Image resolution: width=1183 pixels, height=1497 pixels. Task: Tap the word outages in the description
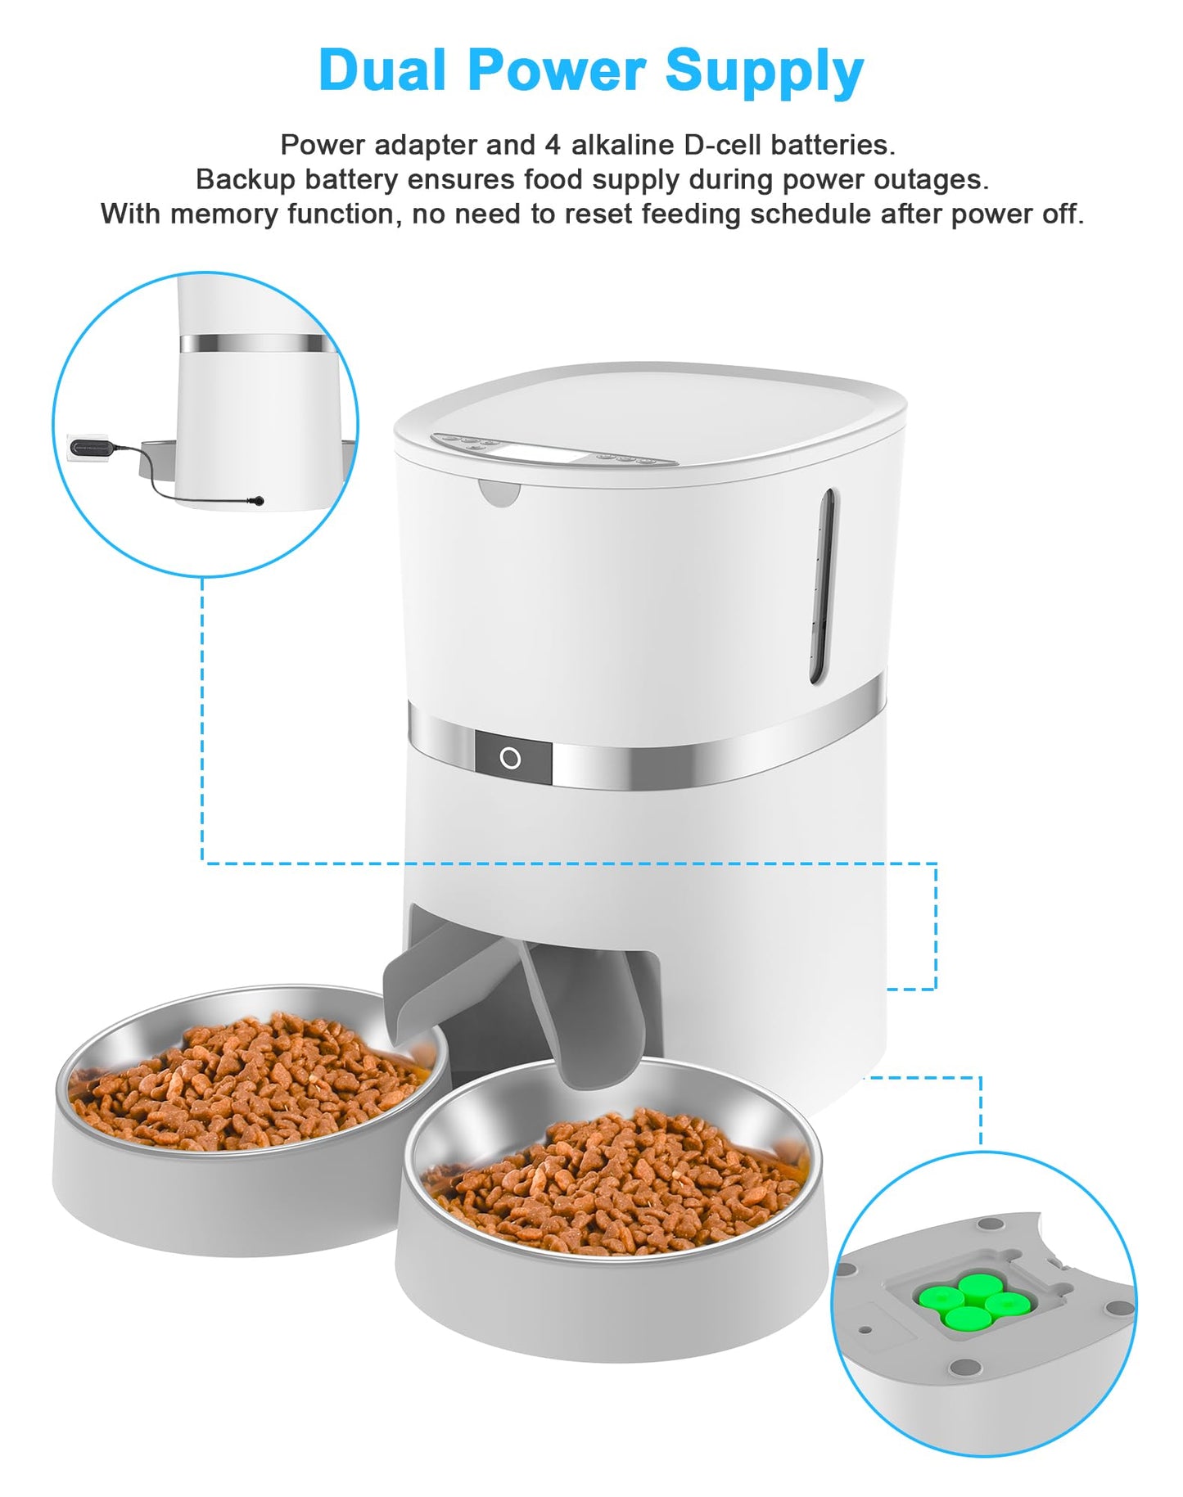pos(930,179)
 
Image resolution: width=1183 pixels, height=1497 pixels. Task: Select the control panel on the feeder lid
pos(553,449)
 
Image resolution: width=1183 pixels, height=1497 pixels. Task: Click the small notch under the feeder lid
pos(499,494)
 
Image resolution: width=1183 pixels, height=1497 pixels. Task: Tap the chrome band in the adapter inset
pos(256,343)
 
